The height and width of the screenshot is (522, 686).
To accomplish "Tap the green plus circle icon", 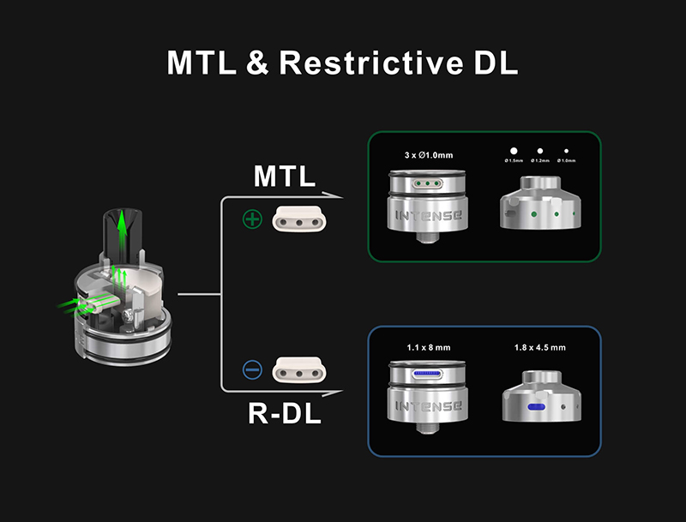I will click(252, 220).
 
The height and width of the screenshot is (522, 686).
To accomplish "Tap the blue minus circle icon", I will click(252, 370).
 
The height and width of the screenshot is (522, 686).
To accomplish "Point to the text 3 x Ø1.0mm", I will click(428, 156).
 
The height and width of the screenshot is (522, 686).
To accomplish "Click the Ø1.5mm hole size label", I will click(514, 161).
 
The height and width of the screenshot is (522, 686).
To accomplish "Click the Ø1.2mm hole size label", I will click(539, 161).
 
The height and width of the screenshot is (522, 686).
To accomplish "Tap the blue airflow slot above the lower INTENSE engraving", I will click(427, 375).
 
